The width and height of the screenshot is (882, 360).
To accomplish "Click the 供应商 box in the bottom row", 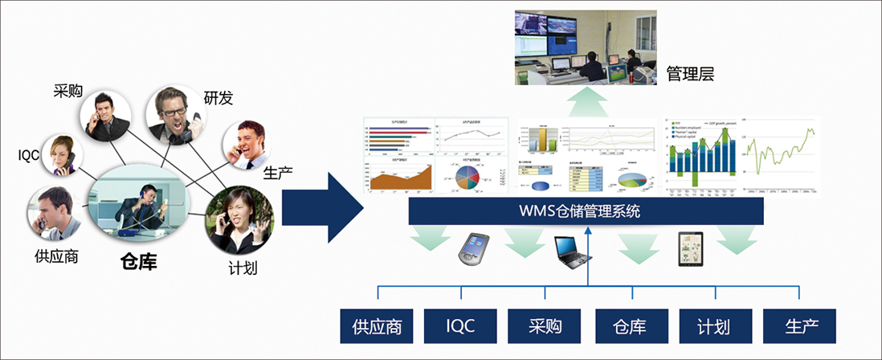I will coord(376,326).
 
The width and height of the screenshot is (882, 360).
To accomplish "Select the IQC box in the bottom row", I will coord(460,326).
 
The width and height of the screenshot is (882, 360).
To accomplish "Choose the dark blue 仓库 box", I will coord(629,326).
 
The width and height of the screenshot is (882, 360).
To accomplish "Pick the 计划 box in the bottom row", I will coord(714,326).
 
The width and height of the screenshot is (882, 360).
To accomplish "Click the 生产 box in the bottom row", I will coord(799,326).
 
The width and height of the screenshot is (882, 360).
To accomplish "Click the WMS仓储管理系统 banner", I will coord(585,212).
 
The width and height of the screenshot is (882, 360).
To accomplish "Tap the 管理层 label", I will coord(690,75).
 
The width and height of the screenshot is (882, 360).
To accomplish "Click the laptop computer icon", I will coord(573,251).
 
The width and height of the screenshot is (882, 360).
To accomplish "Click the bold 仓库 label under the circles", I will coord(138,261).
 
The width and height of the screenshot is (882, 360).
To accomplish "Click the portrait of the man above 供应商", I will coord(56,214).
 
